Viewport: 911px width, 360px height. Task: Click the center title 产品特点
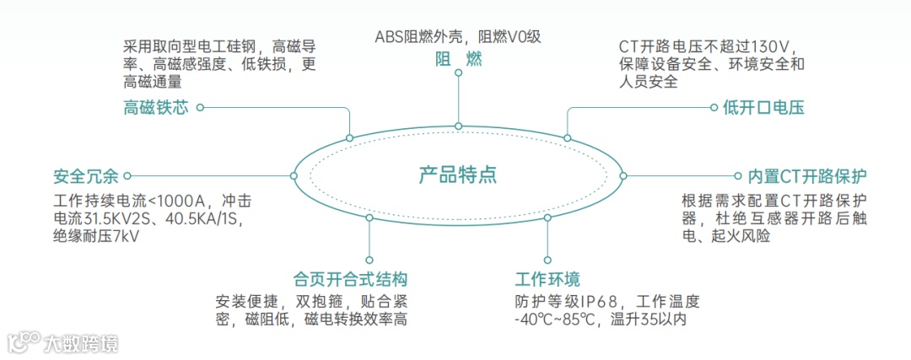pyautogui.click(x=457, y=175)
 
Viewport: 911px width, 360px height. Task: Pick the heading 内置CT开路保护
pyautogui.click(x=807, y=176)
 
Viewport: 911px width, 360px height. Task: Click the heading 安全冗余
pyautogui.click(x=80, y=176)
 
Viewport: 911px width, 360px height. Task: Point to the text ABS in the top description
pyautogui.click(x=390, y=36)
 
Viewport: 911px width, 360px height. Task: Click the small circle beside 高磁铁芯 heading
pyautogui.click(x=201, y=107)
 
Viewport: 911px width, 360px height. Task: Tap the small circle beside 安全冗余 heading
pyautogui.click(x=127, y=176)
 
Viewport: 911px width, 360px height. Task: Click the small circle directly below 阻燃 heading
pyautogui.click(x=458, y=73)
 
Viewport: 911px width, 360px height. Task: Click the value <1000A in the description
pyautogui.click(x=177, y=201)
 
